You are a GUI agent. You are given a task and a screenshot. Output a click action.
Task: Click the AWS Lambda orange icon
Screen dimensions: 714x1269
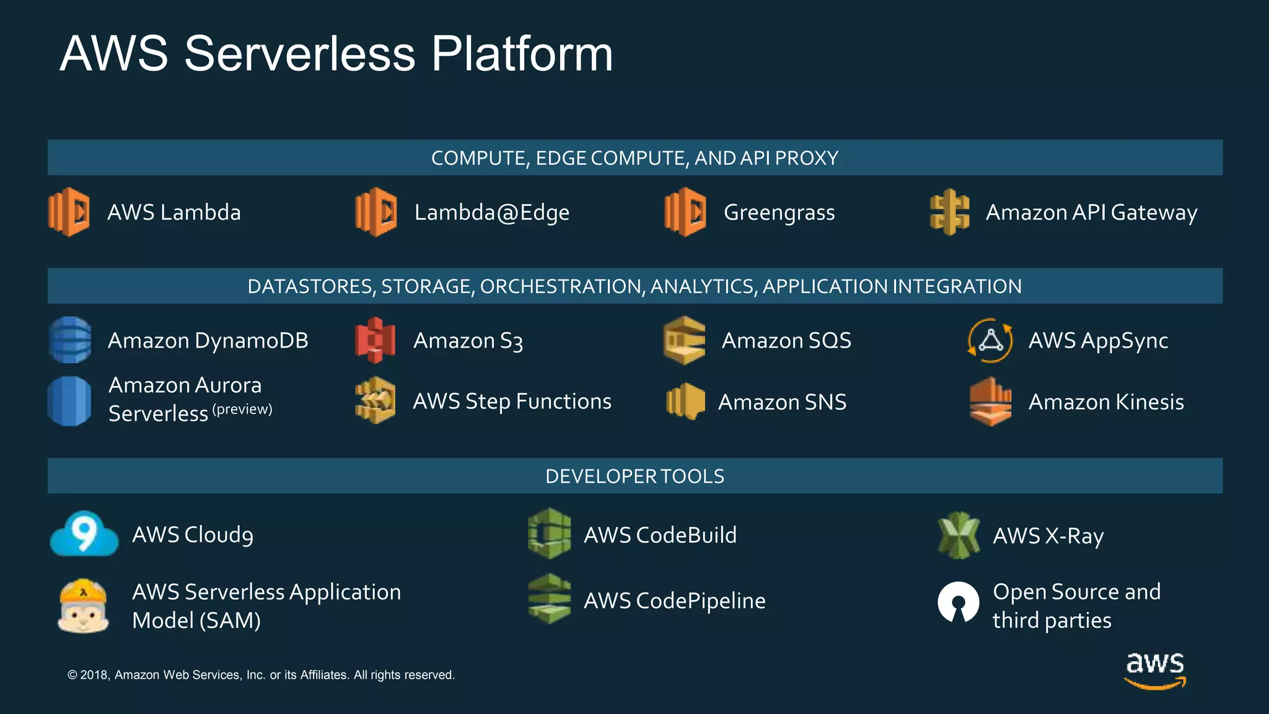click(x=69, y=212)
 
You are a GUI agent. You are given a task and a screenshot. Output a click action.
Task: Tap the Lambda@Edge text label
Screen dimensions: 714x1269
click(x=491, y=213)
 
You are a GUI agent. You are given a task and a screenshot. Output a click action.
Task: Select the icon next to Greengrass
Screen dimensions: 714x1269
click(x=685, y=212)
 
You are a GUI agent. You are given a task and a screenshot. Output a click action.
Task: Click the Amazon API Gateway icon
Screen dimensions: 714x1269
click(x=949, y=212)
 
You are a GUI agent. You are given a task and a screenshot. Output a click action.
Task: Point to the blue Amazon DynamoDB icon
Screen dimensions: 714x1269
click(x=70, y=340)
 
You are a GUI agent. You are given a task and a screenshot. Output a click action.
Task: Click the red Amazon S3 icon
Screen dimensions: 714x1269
click(x=375, y=340)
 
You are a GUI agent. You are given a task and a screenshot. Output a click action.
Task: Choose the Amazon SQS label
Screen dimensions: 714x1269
click(x=786, y=340)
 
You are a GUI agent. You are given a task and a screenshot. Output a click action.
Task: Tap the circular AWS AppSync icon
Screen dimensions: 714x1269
click(x=990, y=340)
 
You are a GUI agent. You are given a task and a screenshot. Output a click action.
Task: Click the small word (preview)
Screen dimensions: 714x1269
click(x=242, y=409)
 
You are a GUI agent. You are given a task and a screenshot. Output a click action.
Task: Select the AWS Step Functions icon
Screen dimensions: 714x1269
click(x=375, y=400)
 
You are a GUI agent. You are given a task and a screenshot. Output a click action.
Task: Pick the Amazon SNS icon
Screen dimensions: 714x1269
click(x=685, y=401)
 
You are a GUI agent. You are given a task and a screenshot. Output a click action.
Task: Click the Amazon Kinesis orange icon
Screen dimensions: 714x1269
click(x=990, y=402)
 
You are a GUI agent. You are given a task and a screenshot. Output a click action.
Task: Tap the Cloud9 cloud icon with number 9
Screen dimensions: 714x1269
click(x=84, y=534)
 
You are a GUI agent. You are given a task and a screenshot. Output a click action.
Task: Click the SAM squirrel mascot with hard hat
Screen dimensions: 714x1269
click(x=83, y=606)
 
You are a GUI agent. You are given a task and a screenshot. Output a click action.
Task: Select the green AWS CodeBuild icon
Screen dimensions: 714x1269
click(x=549, y=534)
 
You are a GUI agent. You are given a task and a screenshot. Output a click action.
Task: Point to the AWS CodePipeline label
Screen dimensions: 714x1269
click(x=674, y=601)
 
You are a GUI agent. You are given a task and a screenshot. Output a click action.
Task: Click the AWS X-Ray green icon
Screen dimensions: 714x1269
click(x=959, y=535)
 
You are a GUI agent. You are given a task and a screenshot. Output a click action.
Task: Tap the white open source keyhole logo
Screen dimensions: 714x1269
click(x=959, y=602)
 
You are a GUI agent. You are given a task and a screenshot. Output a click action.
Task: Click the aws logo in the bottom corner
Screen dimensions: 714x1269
click(x=1154, y=670)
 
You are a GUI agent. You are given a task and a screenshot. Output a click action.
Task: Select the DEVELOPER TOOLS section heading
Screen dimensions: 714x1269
click(x=634, y=476)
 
